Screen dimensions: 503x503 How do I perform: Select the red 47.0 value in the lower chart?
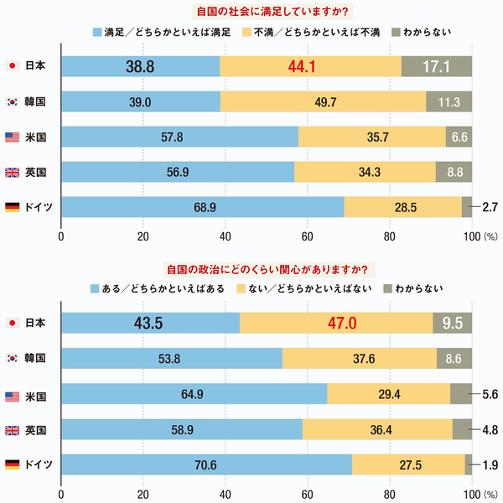coord(335,323)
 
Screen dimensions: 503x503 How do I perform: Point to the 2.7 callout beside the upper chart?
coord(491,206)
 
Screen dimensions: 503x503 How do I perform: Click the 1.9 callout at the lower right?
coord(491,464)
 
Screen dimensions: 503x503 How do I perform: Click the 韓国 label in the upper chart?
coord(35,101)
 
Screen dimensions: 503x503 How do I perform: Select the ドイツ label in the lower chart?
coord(38,464)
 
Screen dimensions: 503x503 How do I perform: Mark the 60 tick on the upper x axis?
coord(307,235)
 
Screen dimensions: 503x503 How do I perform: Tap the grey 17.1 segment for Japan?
coord(436,65)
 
